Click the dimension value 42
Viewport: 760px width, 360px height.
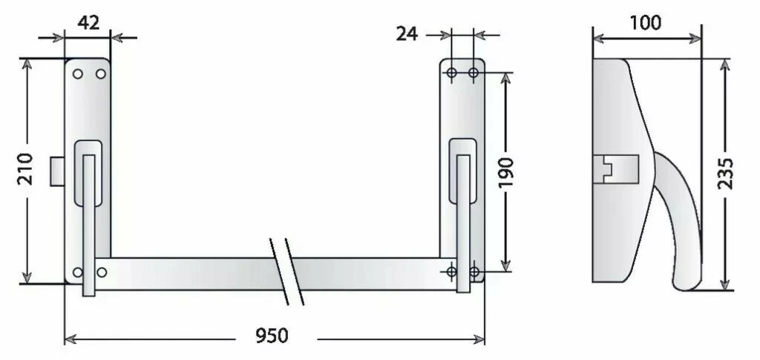tap(88, 22)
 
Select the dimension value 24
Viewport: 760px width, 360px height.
tap(407, 33)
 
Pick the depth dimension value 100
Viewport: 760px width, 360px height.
tap(645, 22)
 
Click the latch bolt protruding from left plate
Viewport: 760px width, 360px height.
tap(58, 171)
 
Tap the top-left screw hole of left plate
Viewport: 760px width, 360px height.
tap(77, 73)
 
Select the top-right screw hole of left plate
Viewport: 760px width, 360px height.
tap(101, 73)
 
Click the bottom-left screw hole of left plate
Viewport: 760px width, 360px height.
tap(78, 272)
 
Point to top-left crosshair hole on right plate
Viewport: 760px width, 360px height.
tap(451, 72)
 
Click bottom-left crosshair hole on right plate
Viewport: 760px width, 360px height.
tap(451, 272)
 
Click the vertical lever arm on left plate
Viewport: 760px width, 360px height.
tap(89, 223)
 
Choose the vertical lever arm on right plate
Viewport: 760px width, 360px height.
tap(463, 223)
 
